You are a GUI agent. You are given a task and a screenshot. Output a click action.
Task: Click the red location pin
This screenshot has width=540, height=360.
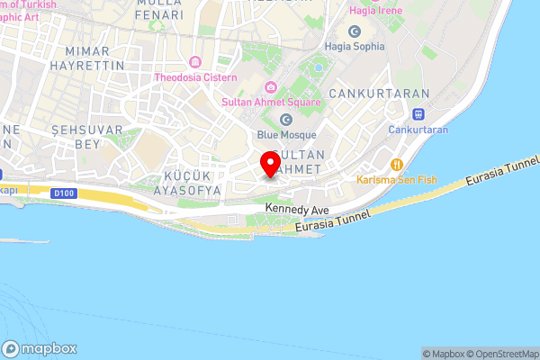click(x=269, y=165)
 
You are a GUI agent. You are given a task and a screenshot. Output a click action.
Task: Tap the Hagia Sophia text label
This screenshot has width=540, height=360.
click(x=355, y=47)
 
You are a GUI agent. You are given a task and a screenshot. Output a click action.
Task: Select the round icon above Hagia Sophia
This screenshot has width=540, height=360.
click(x=355, y=31)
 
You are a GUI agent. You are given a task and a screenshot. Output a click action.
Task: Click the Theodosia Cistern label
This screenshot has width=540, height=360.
click(x=196, y=77)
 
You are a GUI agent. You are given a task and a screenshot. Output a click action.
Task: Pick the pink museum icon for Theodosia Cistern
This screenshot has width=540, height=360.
click(x=196, y=62)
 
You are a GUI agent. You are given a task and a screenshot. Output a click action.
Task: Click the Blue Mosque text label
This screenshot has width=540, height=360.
click(x=286, y=135)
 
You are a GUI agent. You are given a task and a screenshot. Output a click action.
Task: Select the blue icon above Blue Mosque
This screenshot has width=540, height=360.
click(x=286, y=120)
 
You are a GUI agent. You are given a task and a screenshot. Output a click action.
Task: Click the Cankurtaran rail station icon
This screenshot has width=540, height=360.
click(x=418, y=114)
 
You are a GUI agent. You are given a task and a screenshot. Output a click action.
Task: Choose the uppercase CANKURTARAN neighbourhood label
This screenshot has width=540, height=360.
click(x=369, y=94)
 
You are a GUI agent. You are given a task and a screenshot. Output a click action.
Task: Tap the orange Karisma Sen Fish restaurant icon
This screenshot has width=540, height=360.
click(x=396, y=164)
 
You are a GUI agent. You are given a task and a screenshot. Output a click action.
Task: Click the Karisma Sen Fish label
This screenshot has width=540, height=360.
click(x=396, y=180)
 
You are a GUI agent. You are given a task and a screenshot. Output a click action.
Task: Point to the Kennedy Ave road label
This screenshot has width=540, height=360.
click(x=296, y=209)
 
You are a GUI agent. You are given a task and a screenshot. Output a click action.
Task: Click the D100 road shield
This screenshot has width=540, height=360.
click(x=64, y=193)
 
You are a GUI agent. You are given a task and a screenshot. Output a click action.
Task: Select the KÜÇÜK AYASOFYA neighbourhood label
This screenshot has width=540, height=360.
click(x=187, y=183)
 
